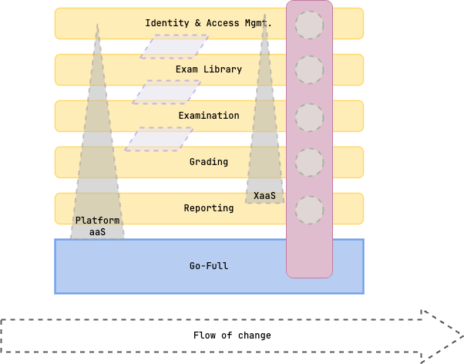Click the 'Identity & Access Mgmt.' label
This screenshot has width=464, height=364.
tap(208, 23)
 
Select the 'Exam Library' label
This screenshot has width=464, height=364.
tap(208, 69)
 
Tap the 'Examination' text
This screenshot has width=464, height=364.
tap(208, 116)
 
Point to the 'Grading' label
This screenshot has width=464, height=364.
tap(208, 162)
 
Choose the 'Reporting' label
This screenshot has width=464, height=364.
tap(208, 208)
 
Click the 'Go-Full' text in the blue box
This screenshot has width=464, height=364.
tap(208, 266)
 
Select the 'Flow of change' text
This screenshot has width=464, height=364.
tap(231, 335)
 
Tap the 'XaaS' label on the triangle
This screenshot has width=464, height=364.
tap(264, 196)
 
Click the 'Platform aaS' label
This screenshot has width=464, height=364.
tap(97, 226)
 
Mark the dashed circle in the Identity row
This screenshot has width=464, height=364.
tap(309, 25)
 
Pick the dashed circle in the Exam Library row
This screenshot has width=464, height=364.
tap(309, 70)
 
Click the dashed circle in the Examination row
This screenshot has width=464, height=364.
tap(309, 117)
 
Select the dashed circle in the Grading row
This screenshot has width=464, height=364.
tap(309, 163)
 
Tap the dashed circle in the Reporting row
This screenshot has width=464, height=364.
tap(309, 210)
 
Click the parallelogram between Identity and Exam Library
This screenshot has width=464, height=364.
tap(174, 46)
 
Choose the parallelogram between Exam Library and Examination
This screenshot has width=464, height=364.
tap(166, 93)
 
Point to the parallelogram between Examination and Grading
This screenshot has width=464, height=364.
tap(159, 139)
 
